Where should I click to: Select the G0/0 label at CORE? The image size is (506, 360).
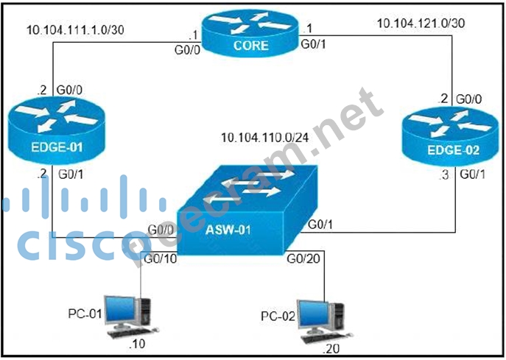[186, 51]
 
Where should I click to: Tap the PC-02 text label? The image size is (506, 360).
[278, 316]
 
